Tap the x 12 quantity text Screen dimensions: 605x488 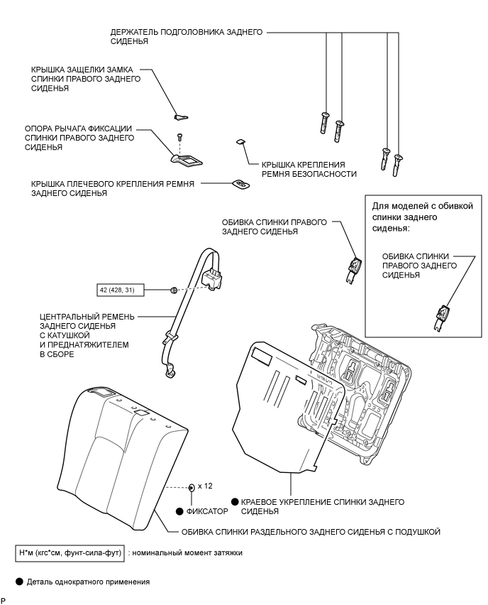(205, 486)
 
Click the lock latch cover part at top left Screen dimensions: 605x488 (180, 116)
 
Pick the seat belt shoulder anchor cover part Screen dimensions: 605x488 (241, 184)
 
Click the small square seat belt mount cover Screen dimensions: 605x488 (240, 142)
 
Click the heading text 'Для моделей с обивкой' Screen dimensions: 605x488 (422, 206)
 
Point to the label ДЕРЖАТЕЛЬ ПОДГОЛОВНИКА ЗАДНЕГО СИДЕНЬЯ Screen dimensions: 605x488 (187, 37)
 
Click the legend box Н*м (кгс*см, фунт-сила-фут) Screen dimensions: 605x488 (71, 552)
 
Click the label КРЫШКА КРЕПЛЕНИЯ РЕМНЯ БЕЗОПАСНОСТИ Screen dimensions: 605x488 (309, 168)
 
